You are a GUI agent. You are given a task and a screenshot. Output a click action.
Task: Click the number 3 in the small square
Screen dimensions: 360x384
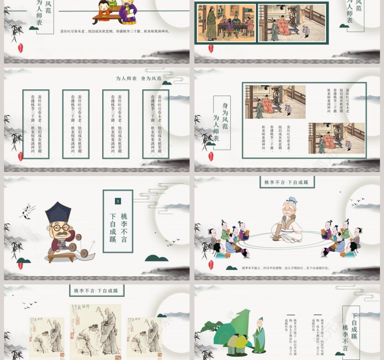118,201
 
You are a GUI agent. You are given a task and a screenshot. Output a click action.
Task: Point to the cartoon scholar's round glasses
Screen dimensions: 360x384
59,227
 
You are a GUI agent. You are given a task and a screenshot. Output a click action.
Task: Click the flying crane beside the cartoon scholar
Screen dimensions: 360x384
28,211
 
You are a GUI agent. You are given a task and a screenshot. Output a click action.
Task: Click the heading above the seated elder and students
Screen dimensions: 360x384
286,182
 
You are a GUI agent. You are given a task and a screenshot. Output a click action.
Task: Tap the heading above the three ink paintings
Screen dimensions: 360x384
96,290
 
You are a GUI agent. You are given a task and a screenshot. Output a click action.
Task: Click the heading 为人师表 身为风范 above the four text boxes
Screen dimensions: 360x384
139,79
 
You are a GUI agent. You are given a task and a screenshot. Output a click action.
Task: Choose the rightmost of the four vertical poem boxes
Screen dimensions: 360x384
156,124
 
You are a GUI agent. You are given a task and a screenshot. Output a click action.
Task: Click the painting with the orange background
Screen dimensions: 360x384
226,23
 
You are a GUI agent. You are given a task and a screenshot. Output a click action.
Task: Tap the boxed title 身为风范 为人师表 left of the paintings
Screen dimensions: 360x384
222,122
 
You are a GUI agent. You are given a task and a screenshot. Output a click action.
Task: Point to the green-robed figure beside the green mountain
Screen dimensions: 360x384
259,336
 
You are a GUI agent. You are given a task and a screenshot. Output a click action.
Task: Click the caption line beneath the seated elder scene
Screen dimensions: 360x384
286,268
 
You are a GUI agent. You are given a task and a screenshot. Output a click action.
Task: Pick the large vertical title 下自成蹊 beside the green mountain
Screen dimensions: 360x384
354,326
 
